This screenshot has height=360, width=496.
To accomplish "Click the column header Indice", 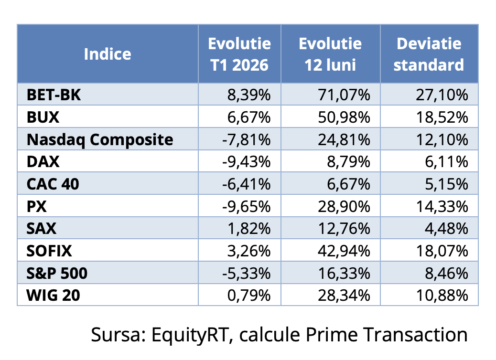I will [x=107, y=54].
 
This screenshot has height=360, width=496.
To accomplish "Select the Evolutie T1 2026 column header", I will [x=239, y=54].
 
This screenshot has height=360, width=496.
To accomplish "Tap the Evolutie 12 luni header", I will [x=330, y=54].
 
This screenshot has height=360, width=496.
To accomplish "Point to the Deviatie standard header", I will [x=429, y=54].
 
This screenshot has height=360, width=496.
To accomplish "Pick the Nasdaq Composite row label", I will [x=100, y=139].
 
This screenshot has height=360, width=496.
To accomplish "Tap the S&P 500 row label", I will [x=57, y=274].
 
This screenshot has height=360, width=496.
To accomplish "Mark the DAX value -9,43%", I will [x=247, y=162].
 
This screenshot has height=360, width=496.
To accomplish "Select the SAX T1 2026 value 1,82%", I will [x=251, y=229].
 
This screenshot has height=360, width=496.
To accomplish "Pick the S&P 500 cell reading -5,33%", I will [x=247, y=274].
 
